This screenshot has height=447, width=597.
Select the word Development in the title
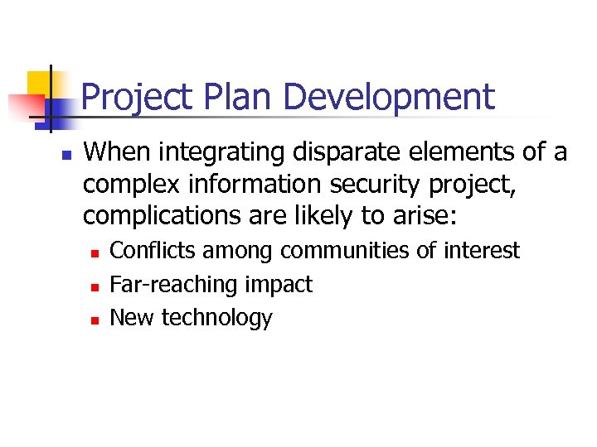tap(389, 98)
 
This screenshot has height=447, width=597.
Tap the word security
tap(376, 185)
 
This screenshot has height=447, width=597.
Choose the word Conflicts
tap(154, 251)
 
